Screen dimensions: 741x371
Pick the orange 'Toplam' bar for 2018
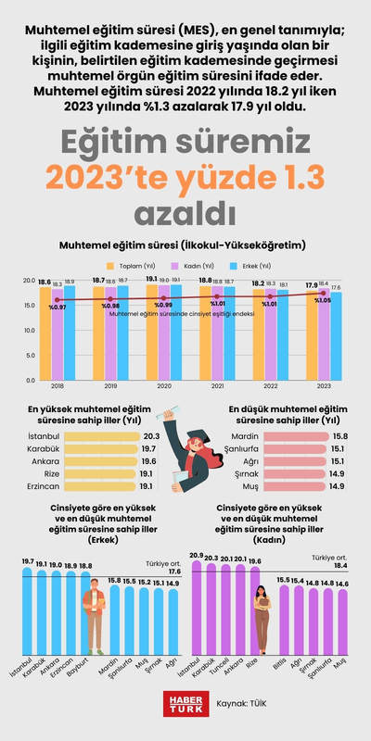click(45, 333)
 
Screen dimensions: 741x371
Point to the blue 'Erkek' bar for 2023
click(336, 338)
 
